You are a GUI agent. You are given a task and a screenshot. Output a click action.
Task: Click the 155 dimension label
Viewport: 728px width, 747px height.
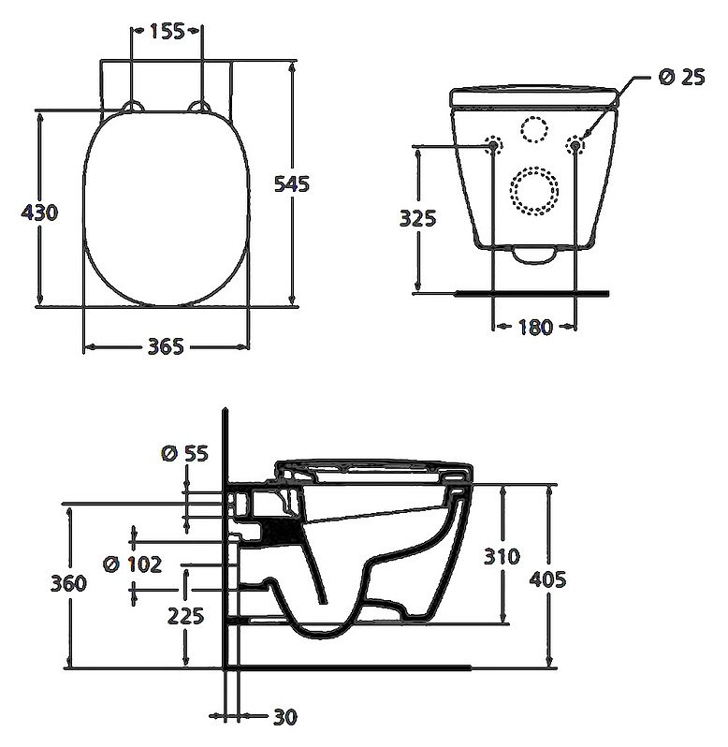pos(166,30)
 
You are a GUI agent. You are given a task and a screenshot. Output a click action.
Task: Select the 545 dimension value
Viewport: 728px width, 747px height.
pos(292,183)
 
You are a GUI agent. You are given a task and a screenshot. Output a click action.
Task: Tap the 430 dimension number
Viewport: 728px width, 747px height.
pos(40,212)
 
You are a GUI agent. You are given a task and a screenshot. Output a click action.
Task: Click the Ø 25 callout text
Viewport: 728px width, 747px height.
pos(680,78)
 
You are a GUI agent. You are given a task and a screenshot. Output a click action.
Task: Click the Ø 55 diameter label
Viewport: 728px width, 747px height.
pos(184,454)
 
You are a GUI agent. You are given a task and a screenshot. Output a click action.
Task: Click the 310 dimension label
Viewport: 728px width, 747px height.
pos(502,556)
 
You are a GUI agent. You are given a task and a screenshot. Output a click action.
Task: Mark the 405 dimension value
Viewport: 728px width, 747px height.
pos(547,579)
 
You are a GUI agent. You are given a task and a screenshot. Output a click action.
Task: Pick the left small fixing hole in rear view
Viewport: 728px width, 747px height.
pos(493,144)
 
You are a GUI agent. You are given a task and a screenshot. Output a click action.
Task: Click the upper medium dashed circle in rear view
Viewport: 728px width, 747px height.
pos(535,129)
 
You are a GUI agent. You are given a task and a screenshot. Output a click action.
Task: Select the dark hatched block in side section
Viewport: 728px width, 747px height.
pos(280,534)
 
